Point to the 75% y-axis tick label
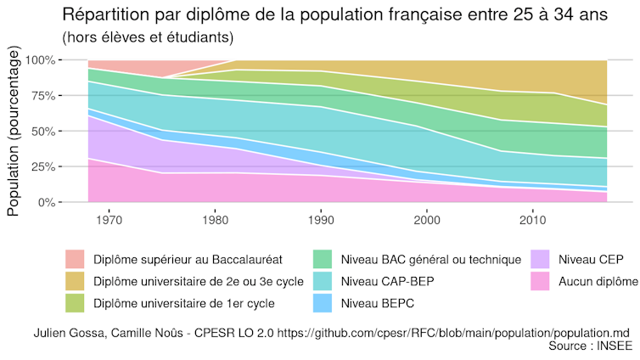pyautogui.click(x=42, y=96)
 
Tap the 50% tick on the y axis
pyautogui.click(x=42, y=132)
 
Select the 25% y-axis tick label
pyautogui.click(x=42, y=167)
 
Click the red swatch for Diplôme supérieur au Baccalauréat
pyautogui.click(x=76, y=259)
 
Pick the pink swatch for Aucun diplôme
pyautogui.click(x=542, y=281)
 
